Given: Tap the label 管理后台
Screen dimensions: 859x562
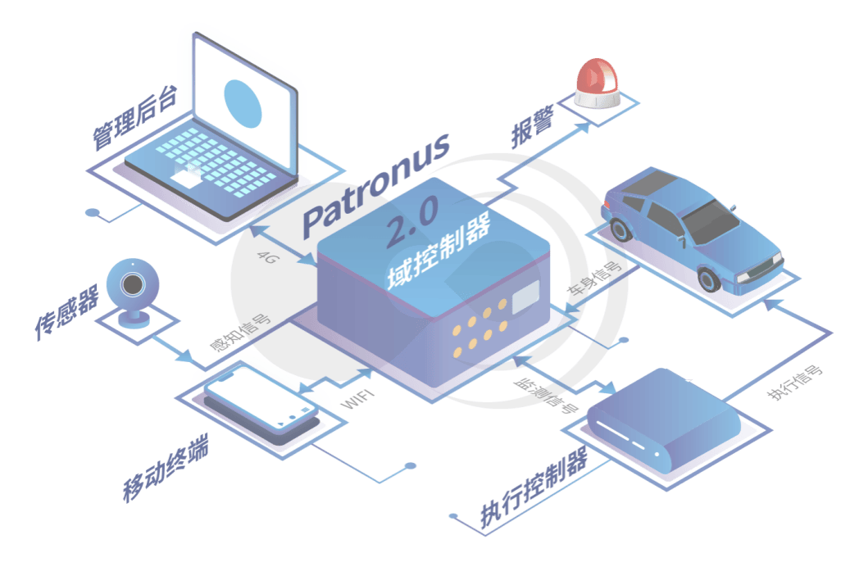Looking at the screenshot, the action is point(134,117).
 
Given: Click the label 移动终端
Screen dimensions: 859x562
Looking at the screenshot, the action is point(166,469).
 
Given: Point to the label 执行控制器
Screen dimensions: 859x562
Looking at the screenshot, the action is point(534,487).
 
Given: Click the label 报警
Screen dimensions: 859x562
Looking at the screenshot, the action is point(533,128).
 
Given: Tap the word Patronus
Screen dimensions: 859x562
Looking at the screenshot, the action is point(376,186).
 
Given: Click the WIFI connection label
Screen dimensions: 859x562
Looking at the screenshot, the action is point(357,399).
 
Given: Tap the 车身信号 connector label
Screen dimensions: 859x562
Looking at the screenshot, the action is point(594,279).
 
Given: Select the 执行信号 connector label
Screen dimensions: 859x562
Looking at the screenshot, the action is point(794,382).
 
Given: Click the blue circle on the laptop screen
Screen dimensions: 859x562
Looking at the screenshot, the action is point(243,103).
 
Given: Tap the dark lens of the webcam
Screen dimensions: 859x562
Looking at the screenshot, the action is point(133,284).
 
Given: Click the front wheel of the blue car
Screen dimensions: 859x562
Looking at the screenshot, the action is point(710,279).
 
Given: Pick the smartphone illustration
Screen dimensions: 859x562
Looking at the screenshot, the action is point(261,404).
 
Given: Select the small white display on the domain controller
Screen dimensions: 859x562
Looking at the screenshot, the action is point(525,297).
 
